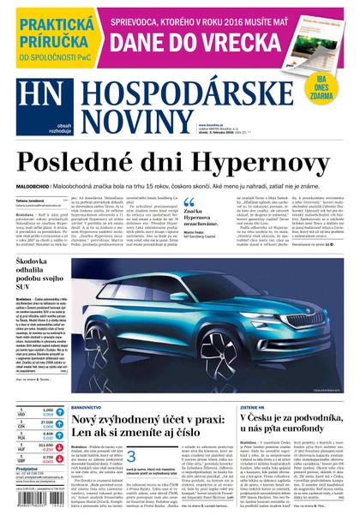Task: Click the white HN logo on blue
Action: (35, 110)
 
